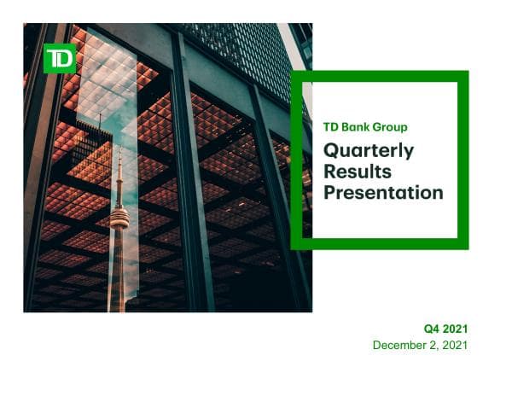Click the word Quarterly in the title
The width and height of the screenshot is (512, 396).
coord(369,151)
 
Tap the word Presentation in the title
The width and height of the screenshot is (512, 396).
coord(383,193)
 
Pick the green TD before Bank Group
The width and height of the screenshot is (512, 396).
coord(331,127)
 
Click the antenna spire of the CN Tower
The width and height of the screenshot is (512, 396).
coord(119,175)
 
